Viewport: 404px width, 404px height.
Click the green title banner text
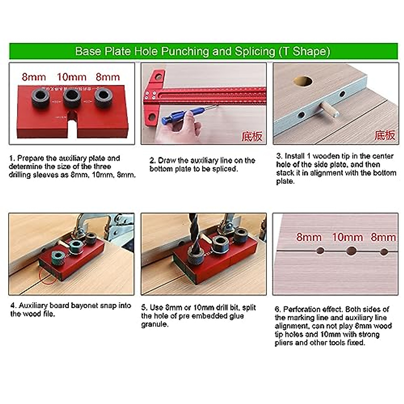click(x=202, y=51)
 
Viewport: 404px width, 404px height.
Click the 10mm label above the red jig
click(x=71, y=77)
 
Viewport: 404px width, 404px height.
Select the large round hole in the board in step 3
click(x=302, y=81)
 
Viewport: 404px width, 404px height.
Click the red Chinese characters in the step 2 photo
click(x=252, y=136)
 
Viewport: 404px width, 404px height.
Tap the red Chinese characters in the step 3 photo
click(x=384, y=135)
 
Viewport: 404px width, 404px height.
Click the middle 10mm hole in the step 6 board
click(x=351, y=250)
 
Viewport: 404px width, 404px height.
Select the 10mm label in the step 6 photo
click(x=347, y=237)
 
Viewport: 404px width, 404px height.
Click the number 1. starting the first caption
click(x=12, y=158)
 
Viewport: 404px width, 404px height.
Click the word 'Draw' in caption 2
click(x=167, y=161)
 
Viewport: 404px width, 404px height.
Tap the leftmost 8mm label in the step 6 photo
click(x=309, y=237)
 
